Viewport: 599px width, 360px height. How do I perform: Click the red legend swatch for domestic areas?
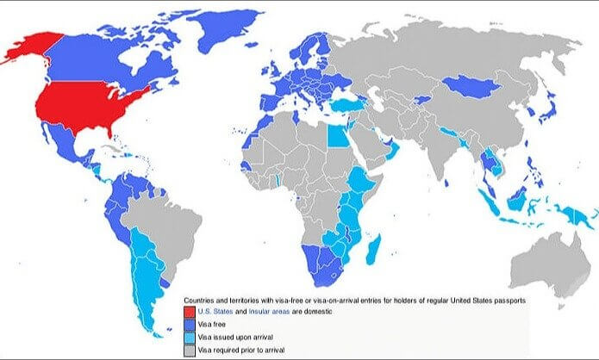(x=189, y=310)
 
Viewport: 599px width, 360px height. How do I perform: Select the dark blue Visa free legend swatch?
(x=189, y=324)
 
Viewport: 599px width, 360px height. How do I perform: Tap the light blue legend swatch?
(x=189, y=337)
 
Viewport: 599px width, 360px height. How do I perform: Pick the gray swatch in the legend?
(x=189, y=350)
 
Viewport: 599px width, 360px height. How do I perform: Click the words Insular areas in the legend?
(x=256, y=310)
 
